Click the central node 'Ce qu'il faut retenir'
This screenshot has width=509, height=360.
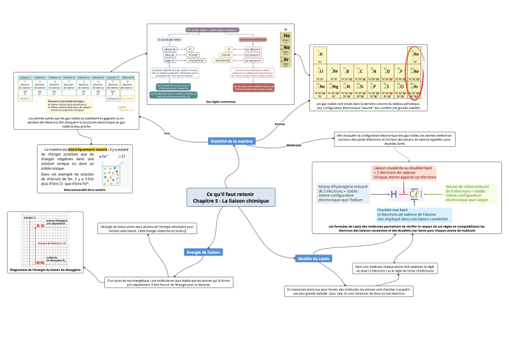point(231,197)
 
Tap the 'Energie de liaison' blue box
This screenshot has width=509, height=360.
point(203,252)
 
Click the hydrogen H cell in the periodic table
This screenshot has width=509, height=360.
point(321,55)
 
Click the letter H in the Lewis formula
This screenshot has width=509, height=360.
point(394,193)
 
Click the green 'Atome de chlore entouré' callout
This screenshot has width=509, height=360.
point(467,193)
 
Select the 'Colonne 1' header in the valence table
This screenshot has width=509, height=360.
point(25,77)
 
